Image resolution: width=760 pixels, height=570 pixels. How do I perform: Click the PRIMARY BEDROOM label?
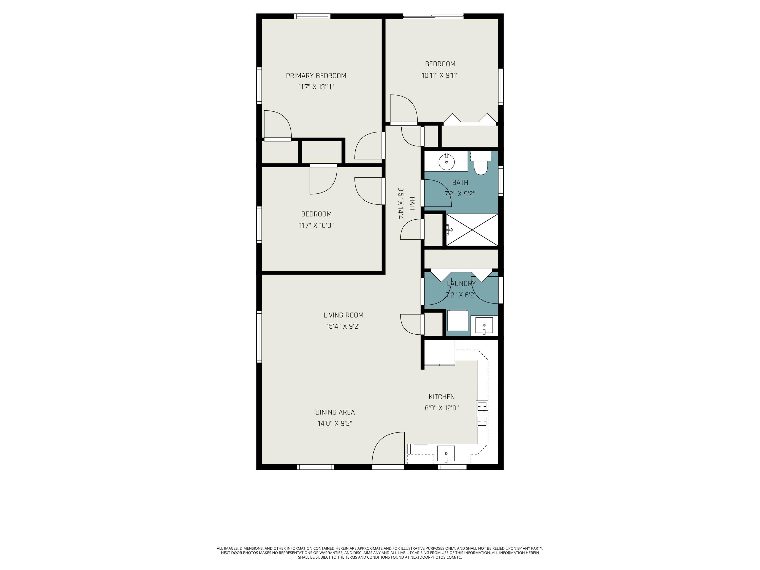[316, 75]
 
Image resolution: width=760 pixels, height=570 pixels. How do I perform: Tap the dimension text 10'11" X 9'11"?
[440, 75]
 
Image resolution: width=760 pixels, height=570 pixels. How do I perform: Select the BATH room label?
[460, 182]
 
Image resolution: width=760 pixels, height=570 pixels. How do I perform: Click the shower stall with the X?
[472, 230]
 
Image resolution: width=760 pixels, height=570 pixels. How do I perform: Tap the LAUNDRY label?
[461, 284]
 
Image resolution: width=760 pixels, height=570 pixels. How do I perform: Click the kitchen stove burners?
[482, 414]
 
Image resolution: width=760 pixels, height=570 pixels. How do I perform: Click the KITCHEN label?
[442, 397]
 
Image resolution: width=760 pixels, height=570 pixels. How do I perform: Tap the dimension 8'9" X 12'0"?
[442, 408]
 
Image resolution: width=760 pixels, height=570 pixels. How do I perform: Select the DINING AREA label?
[335, 412]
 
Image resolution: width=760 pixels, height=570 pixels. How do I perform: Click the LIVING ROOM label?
[343, 315]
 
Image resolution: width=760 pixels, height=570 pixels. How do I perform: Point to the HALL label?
[412, 204]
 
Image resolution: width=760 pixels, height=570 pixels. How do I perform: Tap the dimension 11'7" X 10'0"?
[316, 225]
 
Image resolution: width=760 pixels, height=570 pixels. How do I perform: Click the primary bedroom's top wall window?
[312, 16]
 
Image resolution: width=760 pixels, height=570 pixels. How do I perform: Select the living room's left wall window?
[259, 336]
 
